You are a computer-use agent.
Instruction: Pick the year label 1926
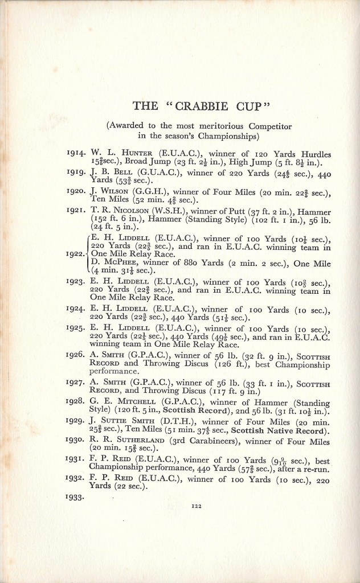coord(76,355)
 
